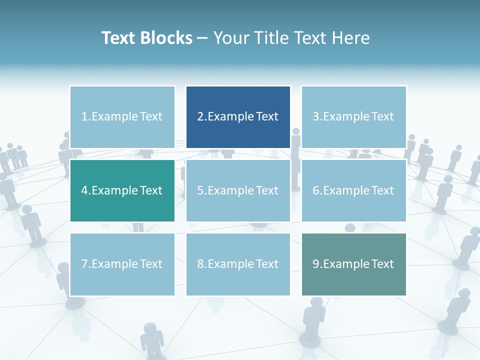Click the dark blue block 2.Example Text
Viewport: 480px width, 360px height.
[238, 117]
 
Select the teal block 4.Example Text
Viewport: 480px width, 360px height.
[122, 190]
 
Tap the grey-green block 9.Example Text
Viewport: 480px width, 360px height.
[353, 264]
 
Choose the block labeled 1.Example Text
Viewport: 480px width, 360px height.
[122, 117]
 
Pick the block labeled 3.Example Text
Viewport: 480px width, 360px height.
[353, 117]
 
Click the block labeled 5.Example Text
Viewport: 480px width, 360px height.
[238, 190]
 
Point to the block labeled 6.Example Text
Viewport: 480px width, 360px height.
[353, 190]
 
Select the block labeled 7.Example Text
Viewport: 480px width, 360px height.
[122, 264]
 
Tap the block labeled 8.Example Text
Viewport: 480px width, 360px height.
[238, 264]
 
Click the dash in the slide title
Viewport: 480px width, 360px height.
[202, 38]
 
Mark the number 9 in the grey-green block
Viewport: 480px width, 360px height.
[315, 264]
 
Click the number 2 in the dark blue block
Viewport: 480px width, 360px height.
[200, 117]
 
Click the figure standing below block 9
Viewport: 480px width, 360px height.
[313, 320]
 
